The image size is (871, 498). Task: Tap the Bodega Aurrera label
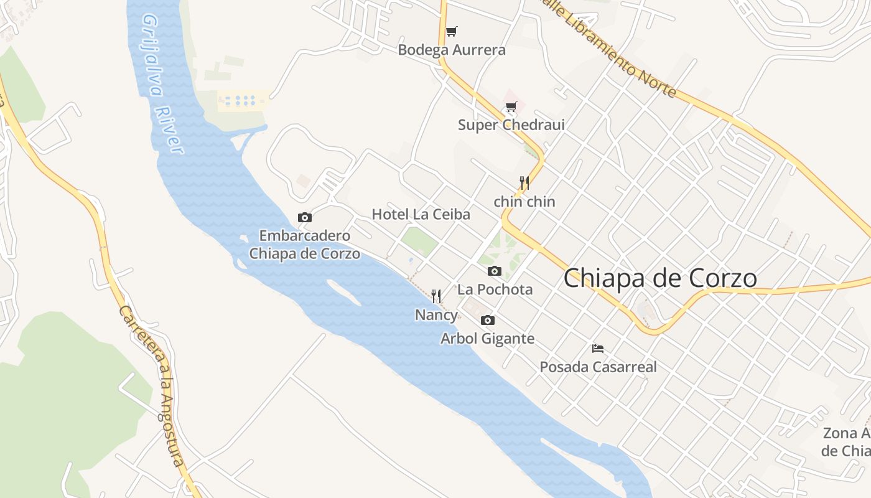452,50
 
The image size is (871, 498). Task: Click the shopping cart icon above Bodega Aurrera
452,31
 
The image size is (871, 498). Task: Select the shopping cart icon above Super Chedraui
511,106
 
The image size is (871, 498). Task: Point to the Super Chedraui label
511,125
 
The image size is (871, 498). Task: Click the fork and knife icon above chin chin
524,182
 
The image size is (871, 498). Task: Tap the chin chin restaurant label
524,202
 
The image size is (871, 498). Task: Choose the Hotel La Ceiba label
421,214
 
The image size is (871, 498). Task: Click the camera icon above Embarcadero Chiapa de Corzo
305,217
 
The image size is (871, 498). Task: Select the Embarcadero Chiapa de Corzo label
305,245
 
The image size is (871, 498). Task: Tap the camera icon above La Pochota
495,271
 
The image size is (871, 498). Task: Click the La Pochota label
495,289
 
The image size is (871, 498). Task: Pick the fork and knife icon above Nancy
436,296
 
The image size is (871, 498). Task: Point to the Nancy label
436,315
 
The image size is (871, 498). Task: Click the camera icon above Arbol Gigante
488,320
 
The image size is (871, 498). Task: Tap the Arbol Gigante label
488,339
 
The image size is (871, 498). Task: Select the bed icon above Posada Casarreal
598,348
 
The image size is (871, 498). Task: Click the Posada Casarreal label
598,367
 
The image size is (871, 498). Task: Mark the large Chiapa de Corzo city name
660,278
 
